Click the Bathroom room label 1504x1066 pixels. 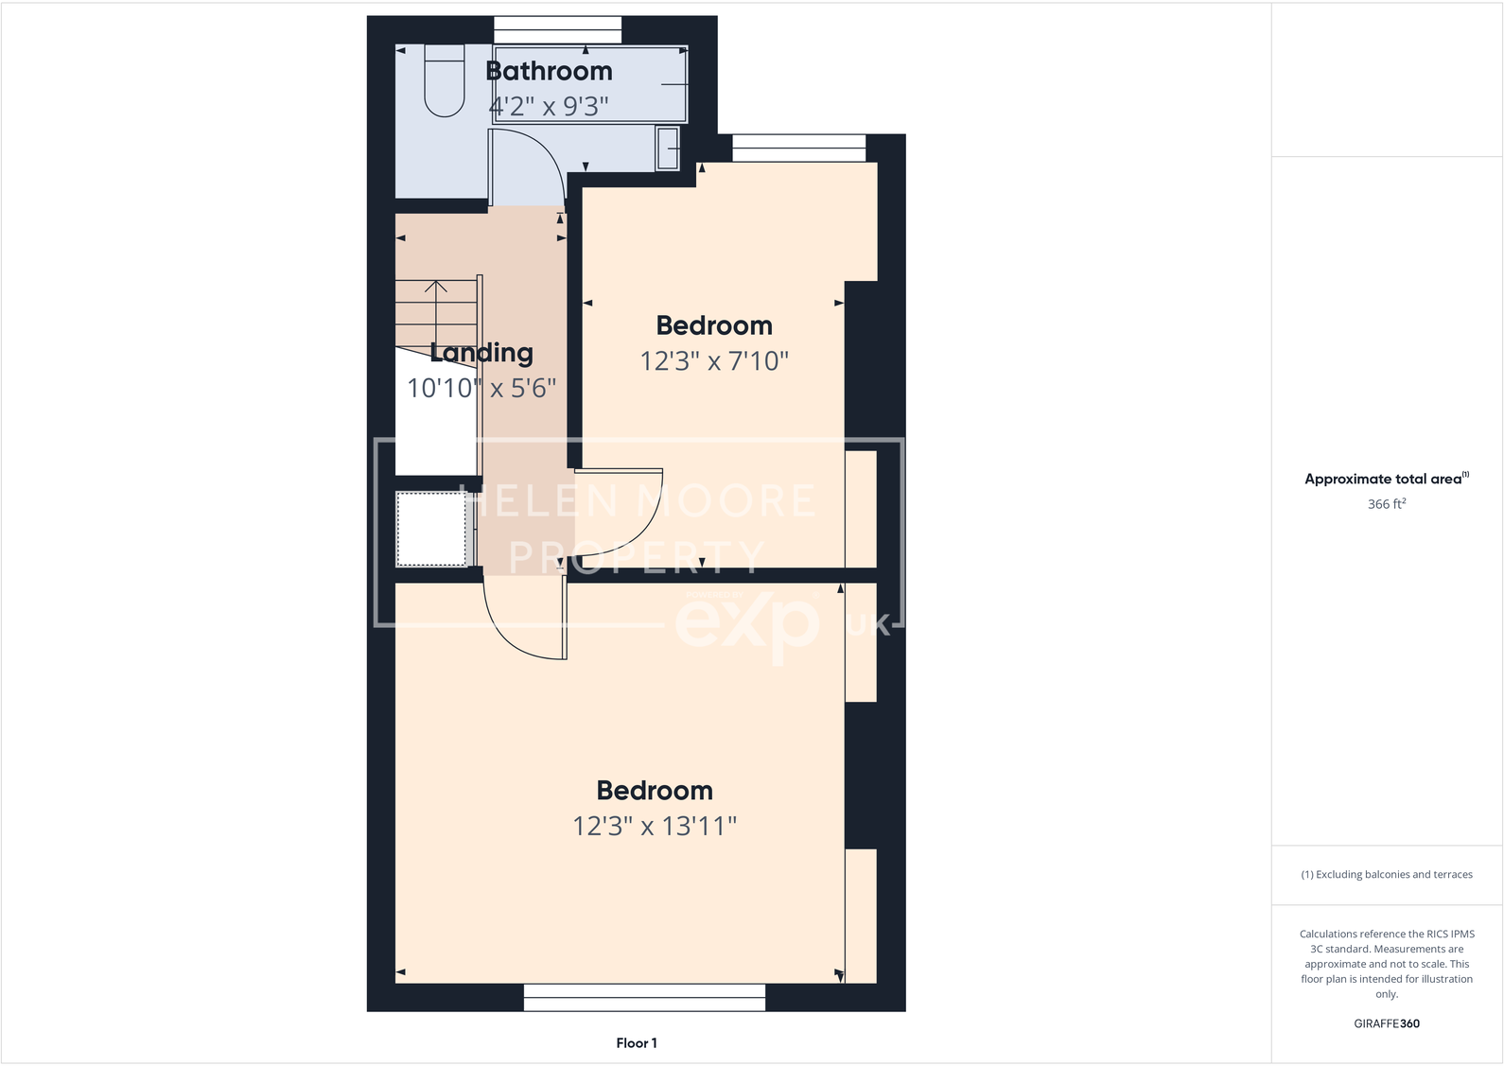549,71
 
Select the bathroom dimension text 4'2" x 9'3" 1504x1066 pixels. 549,106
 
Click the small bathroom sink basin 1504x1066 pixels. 668,149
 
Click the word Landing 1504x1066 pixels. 481,353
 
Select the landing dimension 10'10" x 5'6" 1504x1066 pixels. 481,388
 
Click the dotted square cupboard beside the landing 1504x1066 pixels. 432,529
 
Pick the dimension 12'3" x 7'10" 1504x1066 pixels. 714,360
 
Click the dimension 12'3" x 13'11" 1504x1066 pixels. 655,826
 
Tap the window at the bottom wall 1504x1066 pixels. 644,997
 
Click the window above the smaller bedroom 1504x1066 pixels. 798,148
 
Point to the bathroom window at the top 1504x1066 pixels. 557,29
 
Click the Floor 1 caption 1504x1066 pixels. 637,1043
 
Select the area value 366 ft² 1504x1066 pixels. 1387,504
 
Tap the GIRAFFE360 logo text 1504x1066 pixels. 1387,1023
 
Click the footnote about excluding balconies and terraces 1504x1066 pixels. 1387,875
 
